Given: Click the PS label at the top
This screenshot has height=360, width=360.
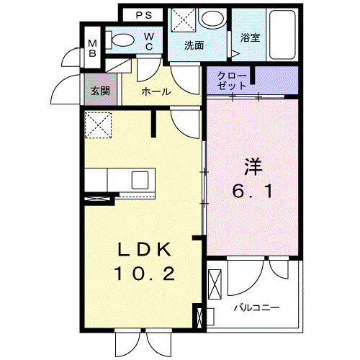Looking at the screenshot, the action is pyautogui.click(x=144, y=15).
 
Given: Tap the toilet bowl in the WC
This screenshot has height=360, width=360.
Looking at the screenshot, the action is pyautogui.click(x=123, y=40).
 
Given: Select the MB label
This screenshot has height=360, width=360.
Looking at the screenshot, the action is pyautogui.click(x=92, y=48).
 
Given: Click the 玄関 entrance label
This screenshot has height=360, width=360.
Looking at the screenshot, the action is pyautogui.click(x=100, y=91).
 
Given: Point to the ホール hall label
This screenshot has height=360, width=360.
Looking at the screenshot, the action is pyautogui.click(x=156, y=91).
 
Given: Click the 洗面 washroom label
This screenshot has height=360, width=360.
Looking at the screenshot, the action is pyautogui.click(x=194, y=45).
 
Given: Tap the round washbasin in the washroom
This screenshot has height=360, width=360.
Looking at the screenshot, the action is pyautogui.click(x=212, y=18).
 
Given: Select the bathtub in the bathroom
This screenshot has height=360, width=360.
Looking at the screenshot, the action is pyautogui.click(x=282, y=35).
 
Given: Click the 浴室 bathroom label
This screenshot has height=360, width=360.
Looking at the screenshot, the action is pyautogui.click(x=251, y=37).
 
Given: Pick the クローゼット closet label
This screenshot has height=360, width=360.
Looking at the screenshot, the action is pyautogui.click(x=232, y=81).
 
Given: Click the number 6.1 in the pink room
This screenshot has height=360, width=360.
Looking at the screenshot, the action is pyautogui.click(x=253, y=192).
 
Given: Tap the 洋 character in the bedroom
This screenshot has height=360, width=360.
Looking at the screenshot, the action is pyautogui.click(x=253, y=166).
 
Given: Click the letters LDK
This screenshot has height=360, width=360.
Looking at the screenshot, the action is pyautogui.click(x=145, y=250).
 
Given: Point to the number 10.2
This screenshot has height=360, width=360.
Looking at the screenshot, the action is pyautogui.click(x=145, y=274).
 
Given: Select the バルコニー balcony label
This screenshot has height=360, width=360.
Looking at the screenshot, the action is pyautogui.click(x=256, y=307).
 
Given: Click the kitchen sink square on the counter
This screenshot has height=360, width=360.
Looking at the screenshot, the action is pyautogui.click(x=140, y=180).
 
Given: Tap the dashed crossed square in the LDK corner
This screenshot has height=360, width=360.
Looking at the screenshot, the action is pyautogui.click(x=98, y=125).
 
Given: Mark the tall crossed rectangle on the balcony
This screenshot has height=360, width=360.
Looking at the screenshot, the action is pyautogui.click(x=215, y=284).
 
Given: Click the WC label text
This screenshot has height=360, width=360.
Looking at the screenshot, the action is pyautogui.click(x=149, y=42).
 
